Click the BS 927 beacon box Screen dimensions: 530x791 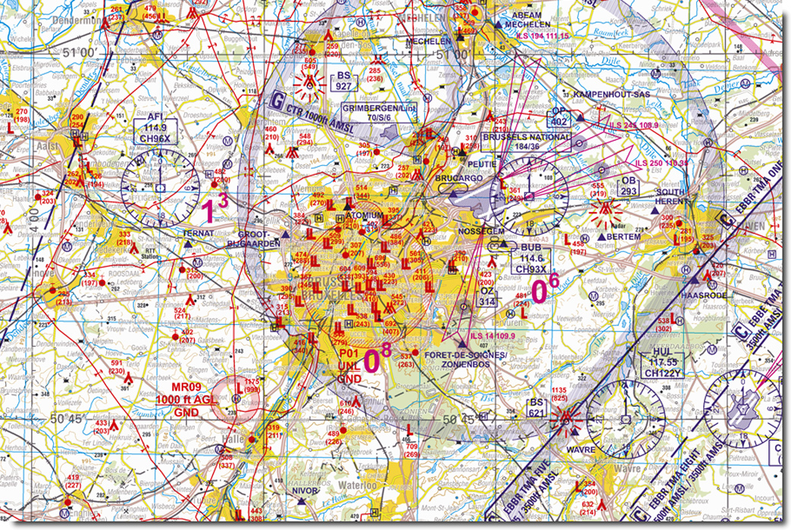(x=345, y=82)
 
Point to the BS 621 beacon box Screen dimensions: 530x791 (x=537, y=407)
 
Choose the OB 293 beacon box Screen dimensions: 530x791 (x=628, y=186)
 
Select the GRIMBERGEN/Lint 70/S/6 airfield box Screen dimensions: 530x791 (x=380, y=113)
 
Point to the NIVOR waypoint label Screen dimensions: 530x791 (x=305, y=490)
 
